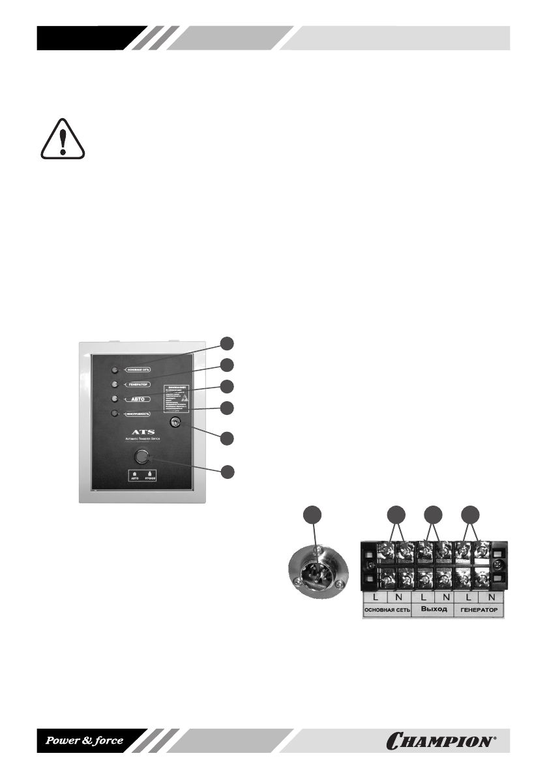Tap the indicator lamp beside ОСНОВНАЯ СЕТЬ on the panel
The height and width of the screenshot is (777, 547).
(115, 369)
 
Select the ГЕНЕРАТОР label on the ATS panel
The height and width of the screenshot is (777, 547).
(138, 384)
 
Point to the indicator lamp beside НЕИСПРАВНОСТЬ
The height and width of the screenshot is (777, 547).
(115, 414)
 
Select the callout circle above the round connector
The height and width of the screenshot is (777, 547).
(314, 515)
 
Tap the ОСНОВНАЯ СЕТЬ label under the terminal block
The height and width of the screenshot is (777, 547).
(387, 610)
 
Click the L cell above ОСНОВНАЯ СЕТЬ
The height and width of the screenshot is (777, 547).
(375, 596)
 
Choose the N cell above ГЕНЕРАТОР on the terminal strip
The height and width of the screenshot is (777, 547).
(490, 596)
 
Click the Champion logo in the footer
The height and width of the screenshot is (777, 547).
(441, 740)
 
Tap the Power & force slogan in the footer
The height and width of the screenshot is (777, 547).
(83, 740)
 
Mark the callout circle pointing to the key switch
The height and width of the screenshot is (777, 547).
(227, 438)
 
